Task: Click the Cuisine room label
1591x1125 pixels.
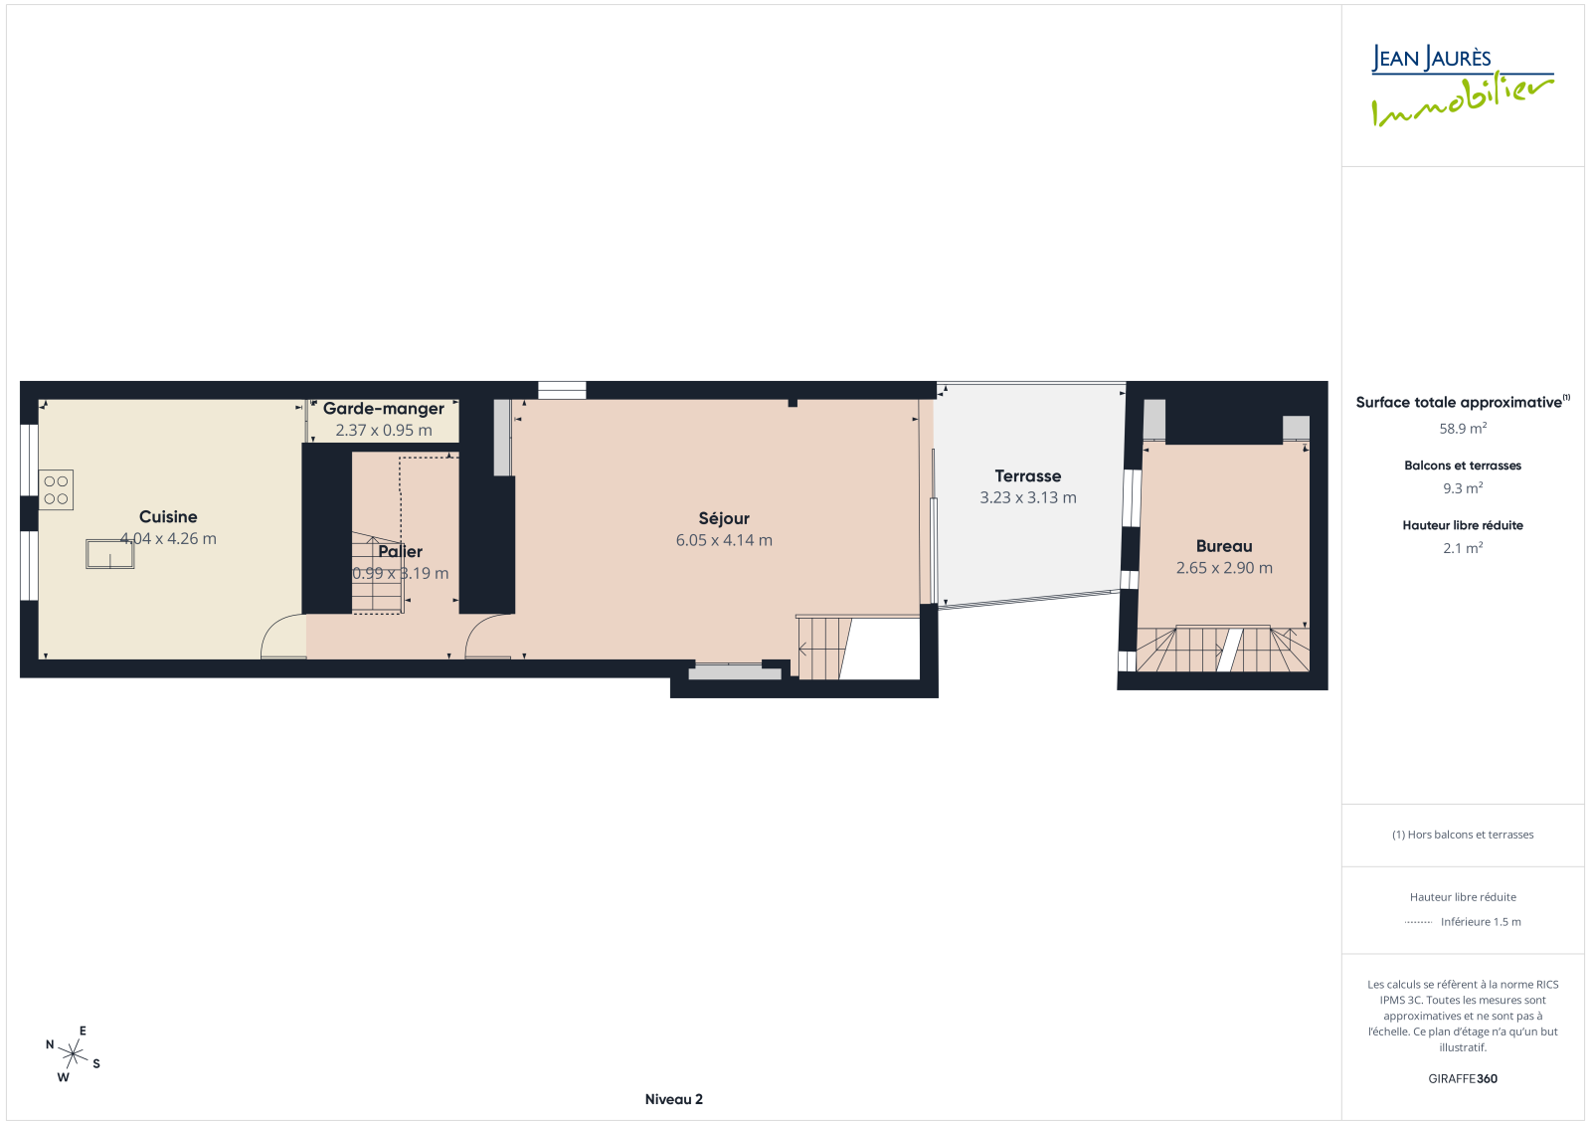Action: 168,516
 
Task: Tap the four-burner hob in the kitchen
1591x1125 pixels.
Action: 56,490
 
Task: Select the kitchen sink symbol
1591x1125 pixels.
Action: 110,554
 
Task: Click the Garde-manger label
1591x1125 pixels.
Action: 384,409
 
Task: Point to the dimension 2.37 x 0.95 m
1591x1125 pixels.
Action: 384,430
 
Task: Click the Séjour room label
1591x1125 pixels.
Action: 724,519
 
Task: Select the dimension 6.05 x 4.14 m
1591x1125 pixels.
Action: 724,540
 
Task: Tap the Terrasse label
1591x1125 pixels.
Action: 1028,476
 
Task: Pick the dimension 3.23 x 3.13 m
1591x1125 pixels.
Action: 1028,497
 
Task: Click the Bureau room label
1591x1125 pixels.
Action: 1224,546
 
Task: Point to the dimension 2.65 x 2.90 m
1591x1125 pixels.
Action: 1224,568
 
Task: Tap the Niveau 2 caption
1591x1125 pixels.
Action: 673,1099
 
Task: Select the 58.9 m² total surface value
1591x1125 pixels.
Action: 1463,429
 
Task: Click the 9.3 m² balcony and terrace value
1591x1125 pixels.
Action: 1463,488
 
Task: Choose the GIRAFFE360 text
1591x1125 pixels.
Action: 1463,1079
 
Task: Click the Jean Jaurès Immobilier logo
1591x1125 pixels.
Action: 1463,86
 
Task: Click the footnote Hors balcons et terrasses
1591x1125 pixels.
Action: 1463,835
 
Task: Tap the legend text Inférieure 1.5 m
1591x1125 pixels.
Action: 1481,922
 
